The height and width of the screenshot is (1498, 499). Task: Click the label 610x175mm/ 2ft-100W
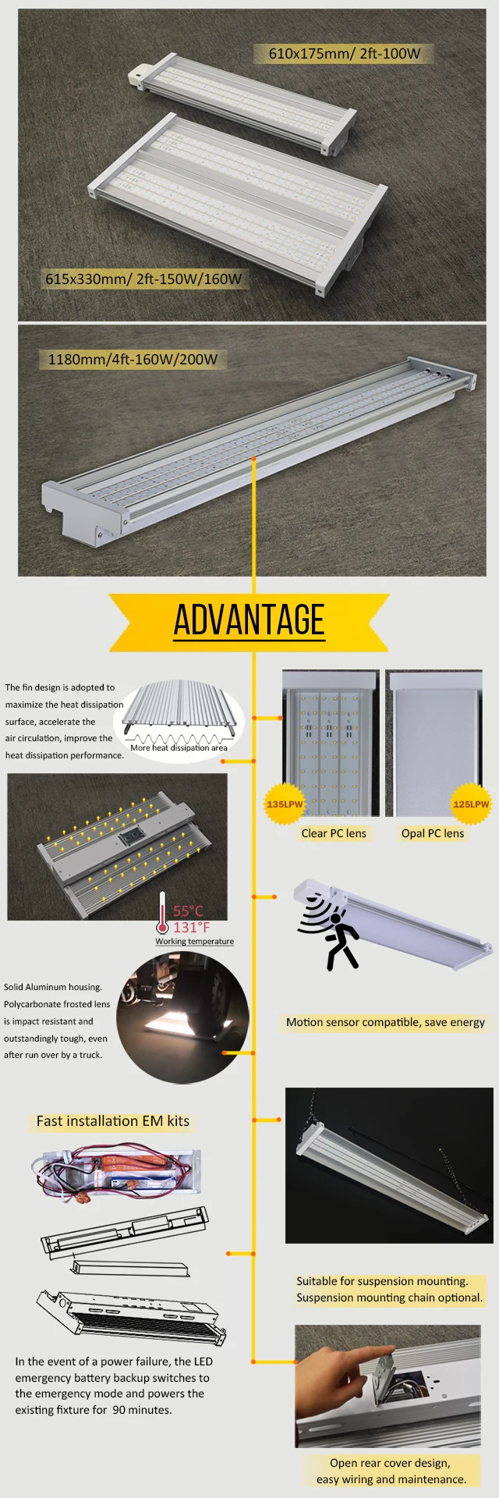tap(345, 54)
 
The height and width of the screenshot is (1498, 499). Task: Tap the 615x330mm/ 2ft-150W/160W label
tap(143, 279)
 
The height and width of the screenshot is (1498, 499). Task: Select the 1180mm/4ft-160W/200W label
tap(133, 360)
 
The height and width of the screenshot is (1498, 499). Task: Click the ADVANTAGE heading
tap(249, 620)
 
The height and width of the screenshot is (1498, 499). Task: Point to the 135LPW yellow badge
tap(285, 804)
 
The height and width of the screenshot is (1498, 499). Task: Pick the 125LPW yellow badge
tap(471, 804)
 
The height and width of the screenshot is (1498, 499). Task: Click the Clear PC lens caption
tap(334, 833)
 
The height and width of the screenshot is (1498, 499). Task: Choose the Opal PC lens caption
tap(433, 833)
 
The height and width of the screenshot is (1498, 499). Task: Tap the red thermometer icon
tap(162, 913)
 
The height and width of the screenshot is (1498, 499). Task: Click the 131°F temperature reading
tap(192, 927)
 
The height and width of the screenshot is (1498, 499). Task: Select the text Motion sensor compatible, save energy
tap(385, 1022)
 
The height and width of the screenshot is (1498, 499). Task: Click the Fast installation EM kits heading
tap(113, 1121)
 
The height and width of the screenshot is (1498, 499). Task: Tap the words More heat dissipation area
tap(179, 747)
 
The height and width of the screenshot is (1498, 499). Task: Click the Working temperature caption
tap(194, 941)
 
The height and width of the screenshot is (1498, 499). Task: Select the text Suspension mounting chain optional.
tap(390, 1297)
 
